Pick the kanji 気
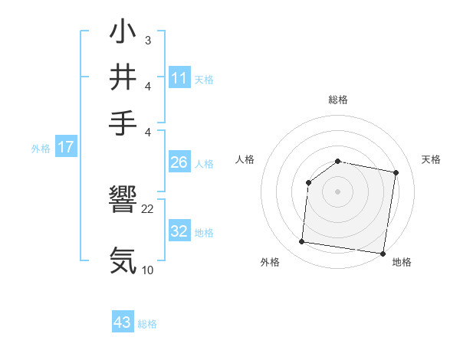pos(123,260)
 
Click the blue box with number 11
pos(179,78)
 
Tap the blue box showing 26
pos(179,162)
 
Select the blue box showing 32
pos(179,232)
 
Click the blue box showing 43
pos(123,323)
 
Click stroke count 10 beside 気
pos(148,270)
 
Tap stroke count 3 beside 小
pos(147,40)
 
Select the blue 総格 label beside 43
pos(147,324)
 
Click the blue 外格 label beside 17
pos(41,149)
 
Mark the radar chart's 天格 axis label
pos(431,159)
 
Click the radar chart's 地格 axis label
pos(402,262)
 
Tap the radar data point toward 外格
pos(301,242)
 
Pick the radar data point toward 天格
pos(396,172)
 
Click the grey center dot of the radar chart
pos(337,191)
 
